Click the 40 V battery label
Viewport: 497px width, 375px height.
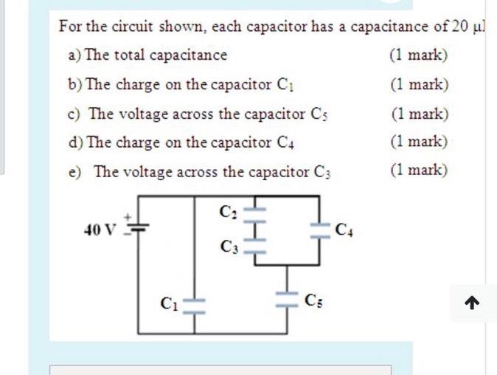pos(100,230)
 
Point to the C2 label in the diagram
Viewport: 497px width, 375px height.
pos(227,212)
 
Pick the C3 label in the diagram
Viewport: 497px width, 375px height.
pos(227,246)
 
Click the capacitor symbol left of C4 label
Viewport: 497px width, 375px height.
pos(319,228)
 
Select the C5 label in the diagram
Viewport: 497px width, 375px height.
pos(312,301)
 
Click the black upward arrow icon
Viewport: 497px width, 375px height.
pos(473,303)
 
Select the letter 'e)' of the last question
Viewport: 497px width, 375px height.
pos(74,171)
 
